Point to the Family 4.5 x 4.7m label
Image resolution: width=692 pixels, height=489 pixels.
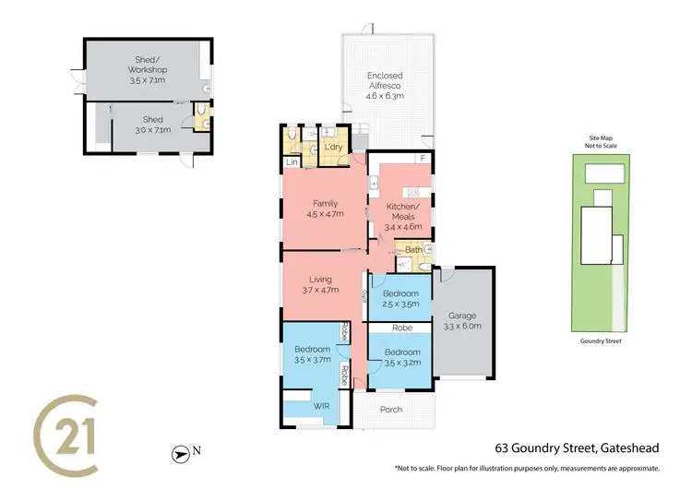tap(324, 208)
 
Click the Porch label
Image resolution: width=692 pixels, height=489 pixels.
tap(391, 409)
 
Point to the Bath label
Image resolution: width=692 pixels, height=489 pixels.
tap(412, 249)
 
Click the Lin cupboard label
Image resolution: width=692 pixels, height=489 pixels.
tap(292, 162)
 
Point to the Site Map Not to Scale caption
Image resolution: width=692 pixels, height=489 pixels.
tap(600, 141)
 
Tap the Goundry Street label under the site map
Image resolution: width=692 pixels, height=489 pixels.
tap(600, 340)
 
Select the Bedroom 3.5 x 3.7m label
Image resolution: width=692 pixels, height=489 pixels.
tap(313, 355)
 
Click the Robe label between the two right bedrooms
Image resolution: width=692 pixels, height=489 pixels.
tap(401, 328)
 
